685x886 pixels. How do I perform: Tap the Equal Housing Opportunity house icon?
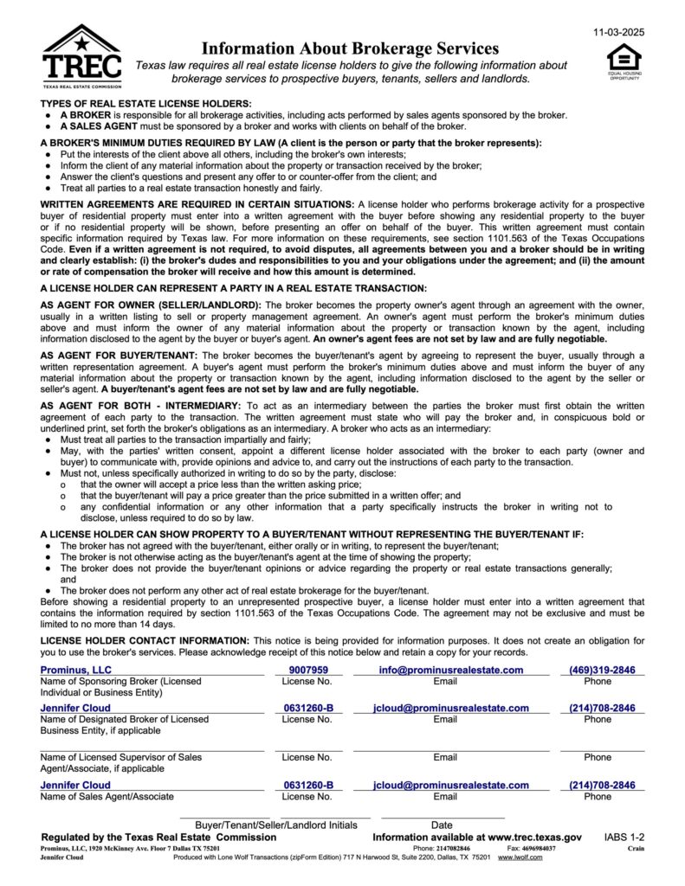click(x=624, y=58)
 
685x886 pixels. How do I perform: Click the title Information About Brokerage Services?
click(x=350, y=48)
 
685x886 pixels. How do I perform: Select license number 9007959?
click(x=308, y=670)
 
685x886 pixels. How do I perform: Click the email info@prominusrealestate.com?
click(x=450, y=670)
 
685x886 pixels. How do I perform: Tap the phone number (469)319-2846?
click(x=602, y=670)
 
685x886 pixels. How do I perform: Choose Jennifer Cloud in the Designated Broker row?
click(x=75, y=708)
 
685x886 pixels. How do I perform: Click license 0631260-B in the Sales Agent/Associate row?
click(x=308, y=786)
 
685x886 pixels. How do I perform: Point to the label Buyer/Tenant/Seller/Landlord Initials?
click(x=275, y=825)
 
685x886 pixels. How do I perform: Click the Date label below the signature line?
click(x=442, y=825)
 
